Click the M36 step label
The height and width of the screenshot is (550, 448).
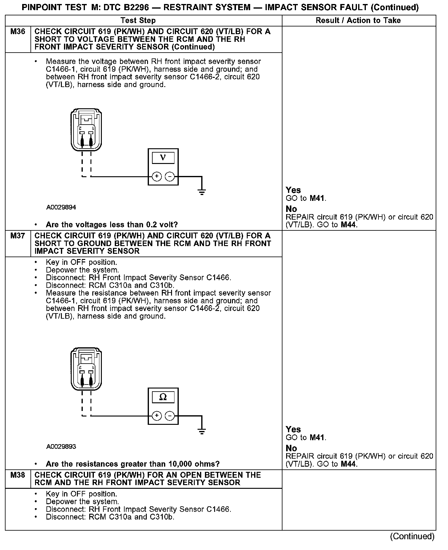(x=18, y=32)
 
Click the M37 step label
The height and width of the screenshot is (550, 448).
(x=18, y=236)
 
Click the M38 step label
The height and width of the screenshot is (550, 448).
(x=18, y=475)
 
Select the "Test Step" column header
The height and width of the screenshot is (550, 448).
(x=138, y=21)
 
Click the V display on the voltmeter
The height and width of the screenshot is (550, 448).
(x=163, y=158)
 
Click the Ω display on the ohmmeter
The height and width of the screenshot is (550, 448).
(x=163, y=397)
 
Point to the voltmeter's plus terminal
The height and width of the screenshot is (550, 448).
(x=157, y=177)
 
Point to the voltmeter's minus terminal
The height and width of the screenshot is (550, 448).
(x=170, y=177)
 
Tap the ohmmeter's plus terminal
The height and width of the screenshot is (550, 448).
(x=157, y=416)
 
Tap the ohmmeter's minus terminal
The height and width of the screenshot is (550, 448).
(x=170, y=416)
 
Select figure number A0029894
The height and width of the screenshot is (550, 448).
(x=61, y=207)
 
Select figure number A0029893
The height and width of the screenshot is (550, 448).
(x=61, y=447)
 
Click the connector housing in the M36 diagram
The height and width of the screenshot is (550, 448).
(x=86, y=129)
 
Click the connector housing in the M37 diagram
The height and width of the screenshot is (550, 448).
(x=86, y=369)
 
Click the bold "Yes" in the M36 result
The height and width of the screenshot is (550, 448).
(x=293, y=190)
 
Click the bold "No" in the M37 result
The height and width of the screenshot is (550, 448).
(x=291, y=448)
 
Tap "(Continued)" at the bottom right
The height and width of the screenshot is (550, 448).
(x=412, y=536)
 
